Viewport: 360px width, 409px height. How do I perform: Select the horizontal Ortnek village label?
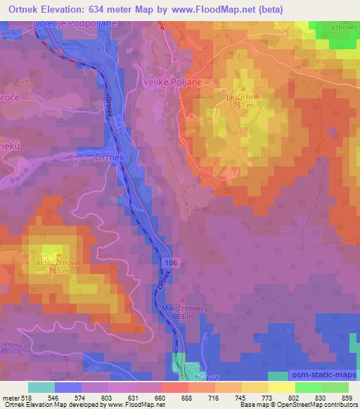pyautogui.click(x=110, y=159)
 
